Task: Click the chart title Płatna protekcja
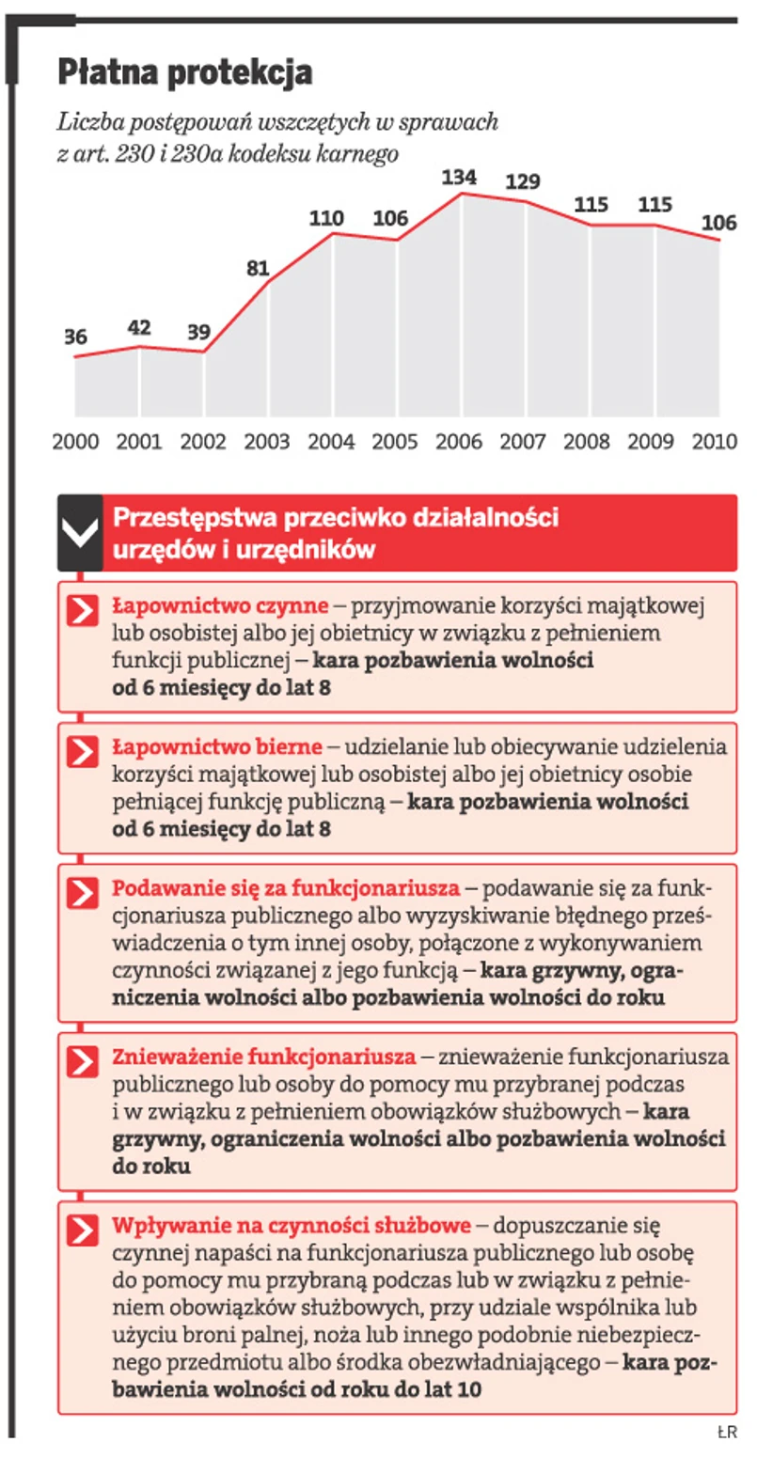coord(184,73)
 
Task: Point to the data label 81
coord(258,268)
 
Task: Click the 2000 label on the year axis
coord(75,442)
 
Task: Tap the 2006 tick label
coord(460,442)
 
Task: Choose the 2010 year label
coord(714,442)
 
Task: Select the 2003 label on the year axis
coord(267,442)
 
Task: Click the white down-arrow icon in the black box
coord(80,533)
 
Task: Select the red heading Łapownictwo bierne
coord(217,747)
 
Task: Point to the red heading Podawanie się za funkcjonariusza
coord(286,888)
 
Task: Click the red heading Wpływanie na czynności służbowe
coord(291,1226)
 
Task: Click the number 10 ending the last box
coord(467,1389)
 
